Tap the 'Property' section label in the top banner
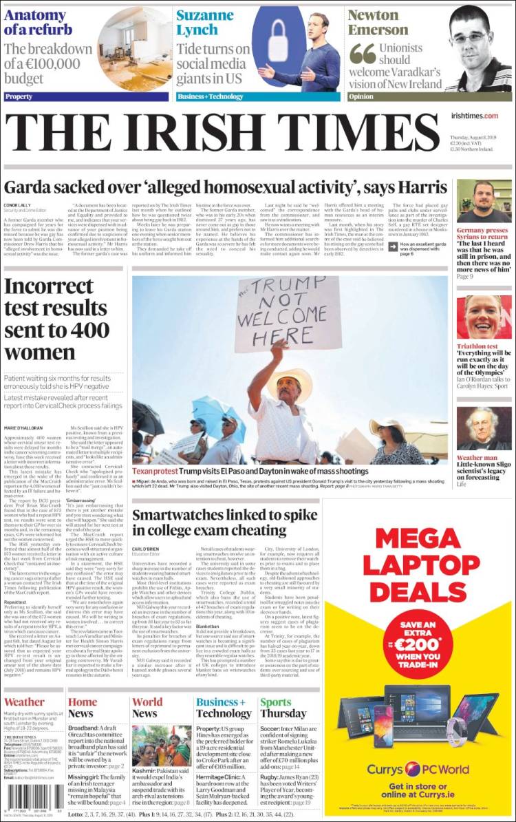tap(19, 97)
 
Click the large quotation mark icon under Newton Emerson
tap(362, 53)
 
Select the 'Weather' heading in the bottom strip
tap(24, 702)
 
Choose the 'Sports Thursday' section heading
tap(283, 708)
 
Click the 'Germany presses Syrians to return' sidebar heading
tap(482, 233)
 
